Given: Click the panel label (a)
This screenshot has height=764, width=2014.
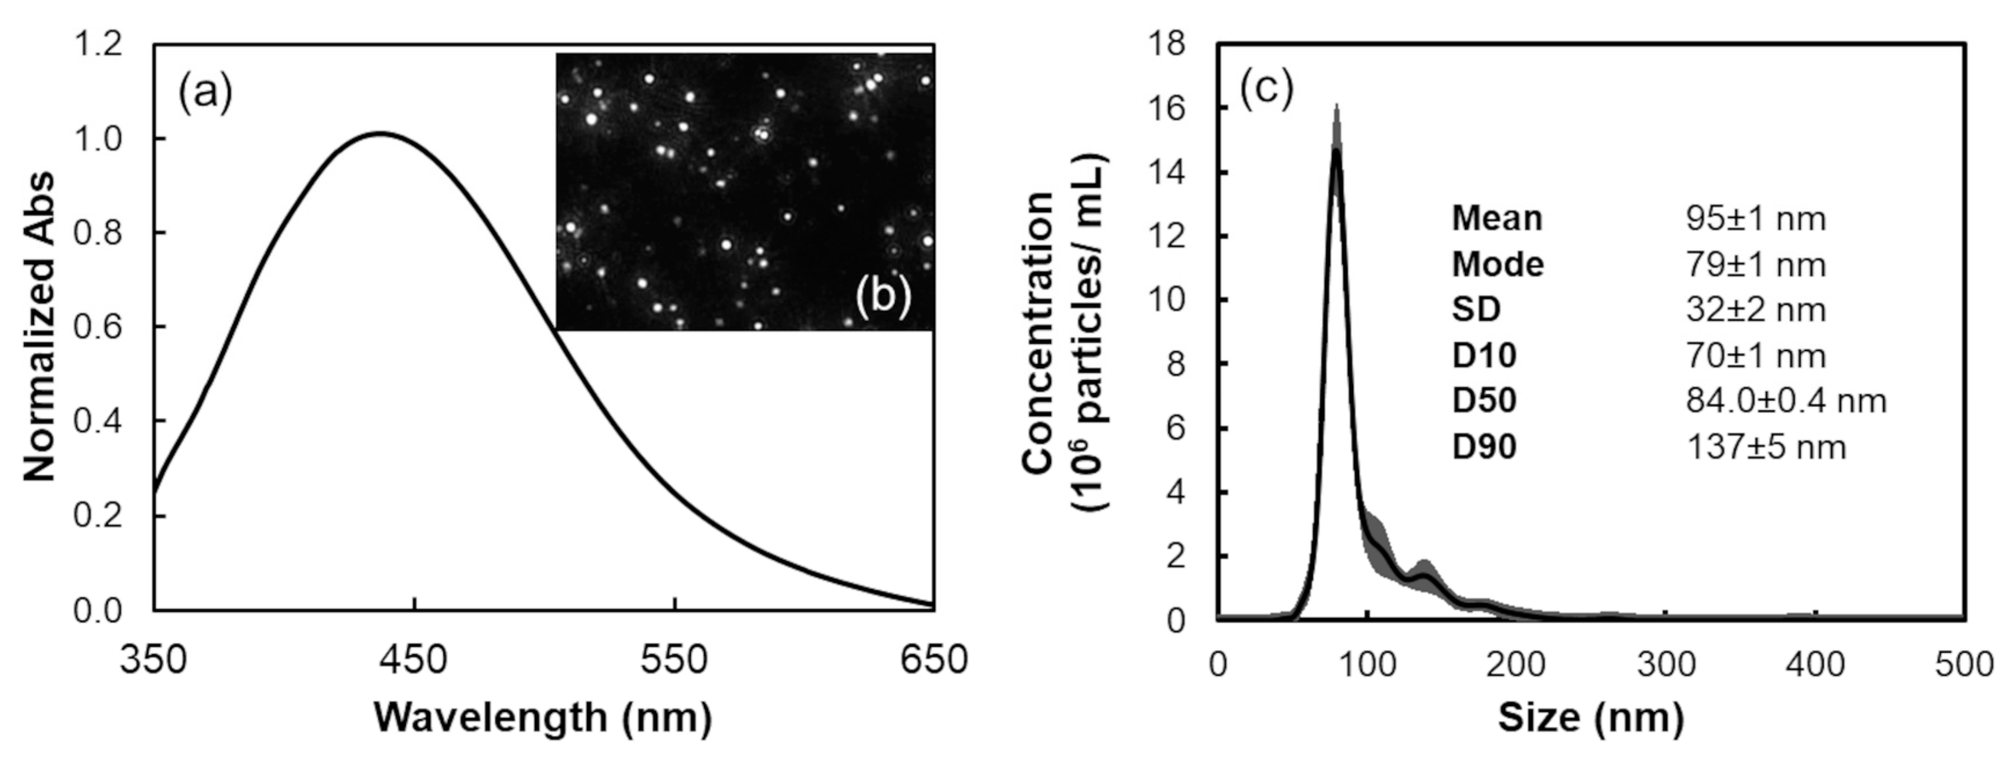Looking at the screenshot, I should [x=206, y=94].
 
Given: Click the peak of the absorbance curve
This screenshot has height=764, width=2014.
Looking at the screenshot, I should [x=381, y=134].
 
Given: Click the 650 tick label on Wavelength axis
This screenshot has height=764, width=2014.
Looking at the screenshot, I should [x=933, y=661].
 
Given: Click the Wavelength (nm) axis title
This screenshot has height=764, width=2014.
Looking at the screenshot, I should [x=543, y=718].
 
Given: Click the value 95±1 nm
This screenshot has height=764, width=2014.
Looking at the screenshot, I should [x=1755, y=218].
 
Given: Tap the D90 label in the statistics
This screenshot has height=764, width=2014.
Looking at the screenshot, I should [x=1484, y=447].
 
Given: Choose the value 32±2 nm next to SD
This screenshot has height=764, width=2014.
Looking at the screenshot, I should [x=1755, y=310].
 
